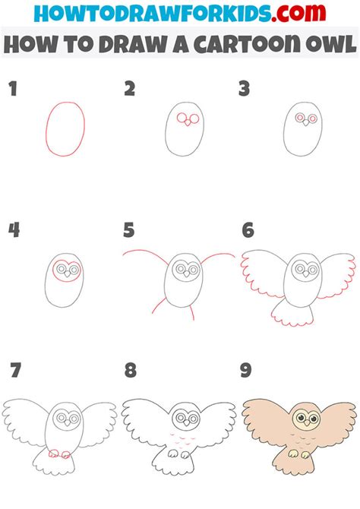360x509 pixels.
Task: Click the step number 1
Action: coord(13,90)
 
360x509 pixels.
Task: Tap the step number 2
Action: coord(130,90)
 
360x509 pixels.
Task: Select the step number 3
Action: coord(245,90)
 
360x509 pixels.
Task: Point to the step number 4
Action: coord(13,229)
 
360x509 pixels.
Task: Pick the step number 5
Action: coord(130,229)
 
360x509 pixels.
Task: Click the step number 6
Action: coord(247,229)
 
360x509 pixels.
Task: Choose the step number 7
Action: coord(14,371)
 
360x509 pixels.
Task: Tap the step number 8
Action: coord(130,371)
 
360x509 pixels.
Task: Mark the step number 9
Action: coord(247,371)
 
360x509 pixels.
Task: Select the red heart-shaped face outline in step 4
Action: coord(65,267)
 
